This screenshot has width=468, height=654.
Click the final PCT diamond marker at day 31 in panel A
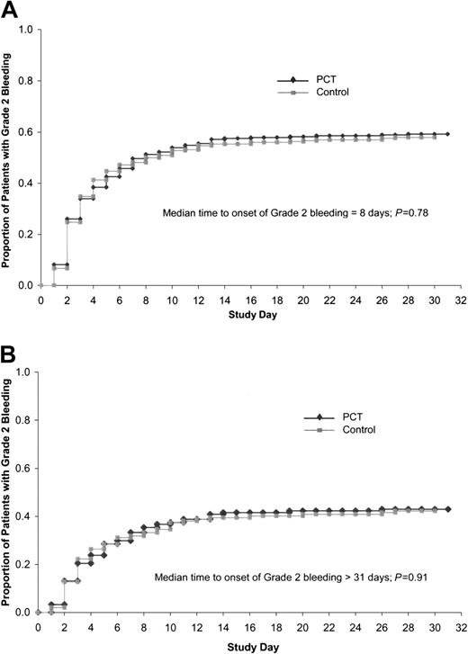[447, 134]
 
